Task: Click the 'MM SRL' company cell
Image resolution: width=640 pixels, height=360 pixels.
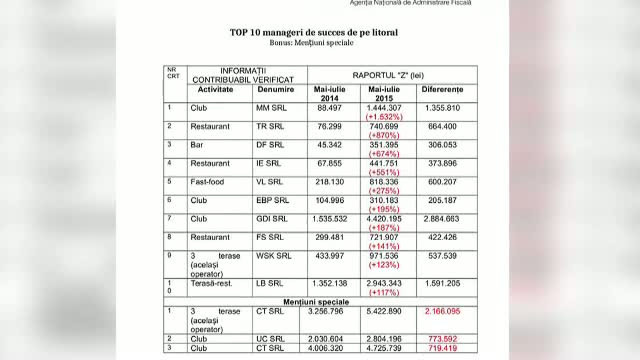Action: pyautogui.click(x=269, y=107)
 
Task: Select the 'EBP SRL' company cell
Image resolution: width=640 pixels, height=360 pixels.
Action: pyautogui.click(x=272, y=200)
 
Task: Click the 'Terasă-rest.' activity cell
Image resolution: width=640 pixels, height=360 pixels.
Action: pyautogui.click(x=213, y=283)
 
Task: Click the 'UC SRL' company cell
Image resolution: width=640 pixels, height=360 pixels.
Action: pyautogui.click(x=269, y=340)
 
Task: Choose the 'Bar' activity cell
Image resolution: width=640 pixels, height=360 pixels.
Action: pyautogui.click(x=197, y=144)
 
